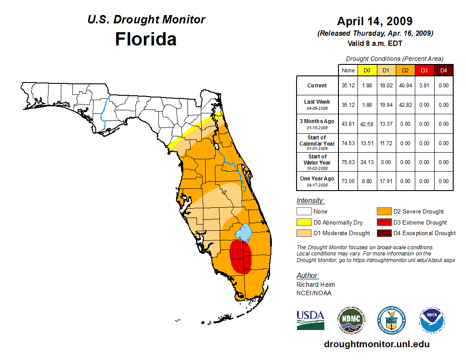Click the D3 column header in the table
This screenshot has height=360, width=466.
click(x=424, y=70)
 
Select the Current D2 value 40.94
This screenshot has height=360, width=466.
click(x=405, y=86)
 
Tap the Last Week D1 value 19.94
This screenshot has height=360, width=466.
click(x=386, y=105)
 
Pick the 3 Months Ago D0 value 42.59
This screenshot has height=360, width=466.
click(x=367, y=124)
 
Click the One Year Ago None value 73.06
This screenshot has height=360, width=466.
click(x=348, y=181)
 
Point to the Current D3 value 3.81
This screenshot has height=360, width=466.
click(x=424, y=86)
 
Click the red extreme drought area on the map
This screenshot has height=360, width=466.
click(x=241, y=257)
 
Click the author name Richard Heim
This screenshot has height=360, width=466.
click(x=316, y=285)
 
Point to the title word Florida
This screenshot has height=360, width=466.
click(x=146, y=39)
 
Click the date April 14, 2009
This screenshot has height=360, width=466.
click(x=375, y=21)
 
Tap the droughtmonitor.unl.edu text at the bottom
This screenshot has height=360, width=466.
click(x=376, y=344)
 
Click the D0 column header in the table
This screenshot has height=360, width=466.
click(x=367, y=70)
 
